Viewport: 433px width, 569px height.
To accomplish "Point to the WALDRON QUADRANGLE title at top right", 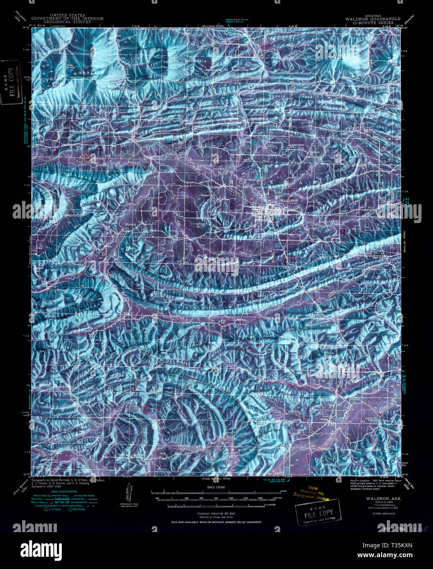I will (x=370, y=19).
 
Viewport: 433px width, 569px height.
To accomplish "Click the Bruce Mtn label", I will (x=329, y=353).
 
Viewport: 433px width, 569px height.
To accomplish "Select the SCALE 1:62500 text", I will (x=216, y=487).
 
